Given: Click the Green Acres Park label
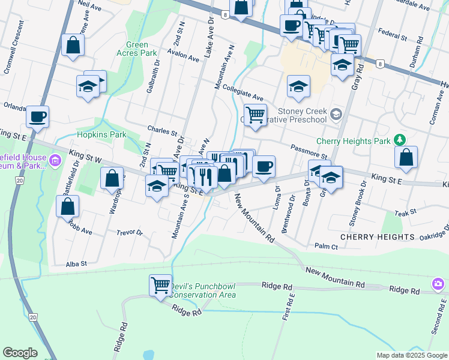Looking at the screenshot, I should pyautogui.click(x=141, y=49).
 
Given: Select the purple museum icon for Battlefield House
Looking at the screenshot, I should pyautogui.click(x=55, y=160).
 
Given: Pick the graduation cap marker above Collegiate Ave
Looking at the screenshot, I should pyautogui.click(x=298, y=86).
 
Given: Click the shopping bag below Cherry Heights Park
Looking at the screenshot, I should pyautogui.click(x=406, y=157).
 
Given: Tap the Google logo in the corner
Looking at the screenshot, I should pyautogui.click(x=20, y=352).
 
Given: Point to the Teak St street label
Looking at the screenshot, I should pyautogui.click(x=406, y=214).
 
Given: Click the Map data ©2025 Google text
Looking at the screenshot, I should pyautogui.click(x=411, y=355).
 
